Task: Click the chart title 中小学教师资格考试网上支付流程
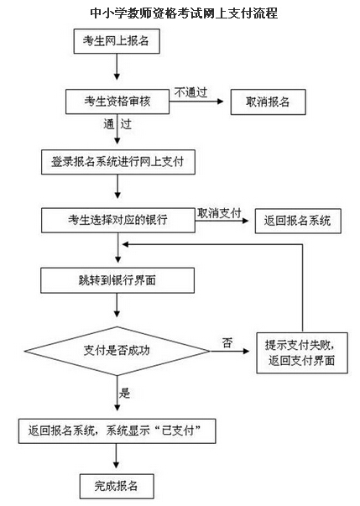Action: [x=184, y=13]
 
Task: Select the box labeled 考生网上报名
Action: [x=117, y=41]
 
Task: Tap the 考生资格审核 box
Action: [x=117, y=102]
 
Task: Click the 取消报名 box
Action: [x=268, y=102]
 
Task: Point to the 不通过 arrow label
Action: [x=191, y=92]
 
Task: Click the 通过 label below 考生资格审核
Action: [x=117, y=124]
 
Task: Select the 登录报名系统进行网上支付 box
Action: [x=118, y=162]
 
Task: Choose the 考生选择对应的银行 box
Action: [x=118, y=221]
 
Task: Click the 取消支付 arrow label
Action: [x=219, y=213]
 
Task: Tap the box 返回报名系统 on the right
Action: [x=298, y=221]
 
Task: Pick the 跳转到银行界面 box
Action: [x=117, y=280]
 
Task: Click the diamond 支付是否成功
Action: [x=117, y=351]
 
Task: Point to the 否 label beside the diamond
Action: [x=227, y=342]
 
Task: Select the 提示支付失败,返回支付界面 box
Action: [x=302, y=353]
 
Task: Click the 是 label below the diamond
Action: [x=124, y=393]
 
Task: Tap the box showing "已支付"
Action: [x=117, y=431]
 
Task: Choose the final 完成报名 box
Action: [x=117, y=486]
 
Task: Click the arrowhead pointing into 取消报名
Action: [x=221, y=102]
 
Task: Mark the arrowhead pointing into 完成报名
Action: [x=116, y=464]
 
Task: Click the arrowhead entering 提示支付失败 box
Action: [x=246, y=351]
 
